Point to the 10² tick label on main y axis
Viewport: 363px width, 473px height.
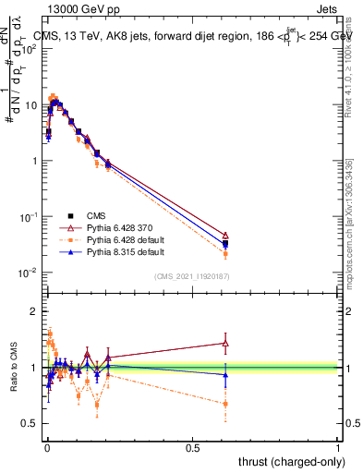28,49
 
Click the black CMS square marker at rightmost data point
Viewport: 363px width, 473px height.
226,244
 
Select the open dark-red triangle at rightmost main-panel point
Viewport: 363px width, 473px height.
226,236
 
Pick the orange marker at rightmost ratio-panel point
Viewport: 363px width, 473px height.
226,404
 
